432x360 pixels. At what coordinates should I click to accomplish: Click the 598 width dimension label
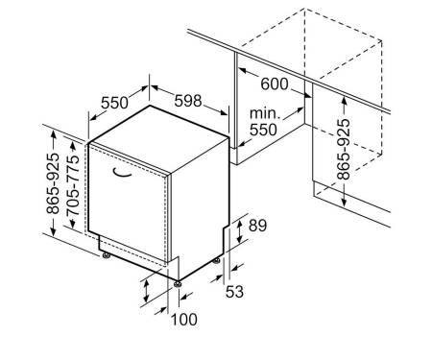(x=188, y=101)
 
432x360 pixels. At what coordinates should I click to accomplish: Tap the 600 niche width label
(x=275, y=84)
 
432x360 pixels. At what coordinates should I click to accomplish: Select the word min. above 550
(x=264, y=113)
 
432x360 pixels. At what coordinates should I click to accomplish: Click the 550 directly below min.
(x=263, y=130)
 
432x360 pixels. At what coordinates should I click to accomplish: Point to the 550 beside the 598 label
(x=114, y=103)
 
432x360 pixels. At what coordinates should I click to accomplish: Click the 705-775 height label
(x=72, y=185)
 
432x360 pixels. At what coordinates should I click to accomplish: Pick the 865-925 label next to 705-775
(x=53, y=183)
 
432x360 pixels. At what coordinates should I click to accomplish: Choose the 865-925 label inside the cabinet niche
(x=344, y=149)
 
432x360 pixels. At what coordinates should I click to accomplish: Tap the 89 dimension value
(x=257, y=226)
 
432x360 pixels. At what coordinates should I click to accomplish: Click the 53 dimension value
(x=234, y=292)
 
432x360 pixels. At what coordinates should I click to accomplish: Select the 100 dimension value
(x=184, y=320)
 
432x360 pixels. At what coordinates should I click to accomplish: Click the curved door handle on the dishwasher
(x=122, y=173)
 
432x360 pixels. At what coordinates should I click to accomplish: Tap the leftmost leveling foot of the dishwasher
(x=106, y=255)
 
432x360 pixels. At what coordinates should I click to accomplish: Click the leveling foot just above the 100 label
(x=177, y=284)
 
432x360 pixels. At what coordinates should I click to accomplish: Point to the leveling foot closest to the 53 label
(x=217, y=260)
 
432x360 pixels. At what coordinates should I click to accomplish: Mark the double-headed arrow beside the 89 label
(x=239, y=232)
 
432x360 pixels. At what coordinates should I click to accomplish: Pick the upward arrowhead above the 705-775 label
(x=73, y=147)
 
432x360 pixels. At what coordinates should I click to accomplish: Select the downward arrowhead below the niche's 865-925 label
(x=344, y=201)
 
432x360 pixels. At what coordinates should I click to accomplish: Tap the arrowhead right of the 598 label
(x=223, y=111)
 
